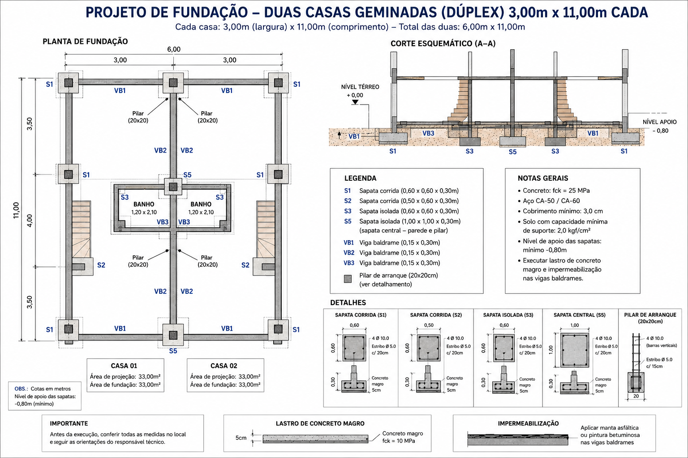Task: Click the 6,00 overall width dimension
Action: tap(174, 49)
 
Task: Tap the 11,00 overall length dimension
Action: tap(16, 211)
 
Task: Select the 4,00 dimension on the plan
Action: tap(30, 221)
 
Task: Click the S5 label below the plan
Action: tap(173, 351)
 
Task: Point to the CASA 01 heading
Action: tap(124, 366)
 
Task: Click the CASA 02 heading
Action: tap(224, 366)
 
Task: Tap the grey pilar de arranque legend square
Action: tap(348, 279)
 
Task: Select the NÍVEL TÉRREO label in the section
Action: tap(360, 87)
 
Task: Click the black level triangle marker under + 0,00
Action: tap(355, 102)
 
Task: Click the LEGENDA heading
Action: tap(360, 178)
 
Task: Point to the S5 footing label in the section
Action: tap(512, 152)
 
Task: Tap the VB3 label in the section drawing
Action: tap(428, 133)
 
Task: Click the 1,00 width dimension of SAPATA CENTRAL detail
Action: tap(574, 326)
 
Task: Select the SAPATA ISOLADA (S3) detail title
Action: tap(508, 315)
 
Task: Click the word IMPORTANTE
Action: tap(69, 424)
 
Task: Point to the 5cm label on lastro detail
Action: tap(241, 438)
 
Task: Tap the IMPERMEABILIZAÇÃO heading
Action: tap(528, 424)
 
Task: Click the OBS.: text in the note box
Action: tap(21, 389)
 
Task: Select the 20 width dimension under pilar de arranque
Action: tap(636, 396)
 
